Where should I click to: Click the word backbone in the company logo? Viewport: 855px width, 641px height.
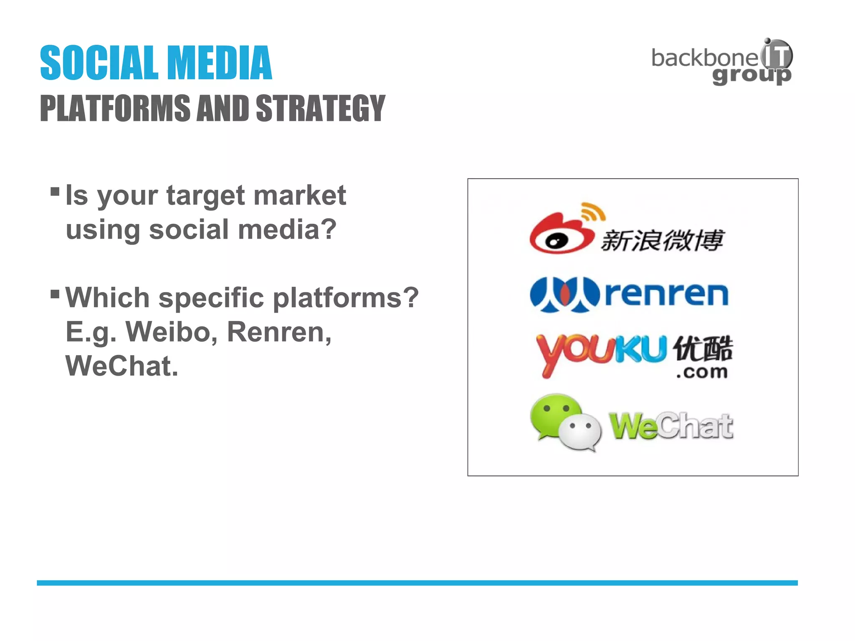(x=704, y=58)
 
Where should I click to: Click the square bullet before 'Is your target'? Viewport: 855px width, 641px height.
(x=55, y=192)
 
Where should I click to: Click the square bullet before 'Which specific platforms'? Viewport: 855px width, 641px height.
(x=55, y=294)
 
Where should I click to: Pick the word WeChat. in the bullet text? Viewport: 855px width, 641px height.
(x=122, y=366)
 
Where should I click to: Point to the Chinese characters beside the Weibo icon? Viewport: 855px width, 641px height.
(x=662, y=240)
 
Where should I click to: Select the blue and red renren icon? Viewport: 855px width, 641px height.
(x=564, y=294)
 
